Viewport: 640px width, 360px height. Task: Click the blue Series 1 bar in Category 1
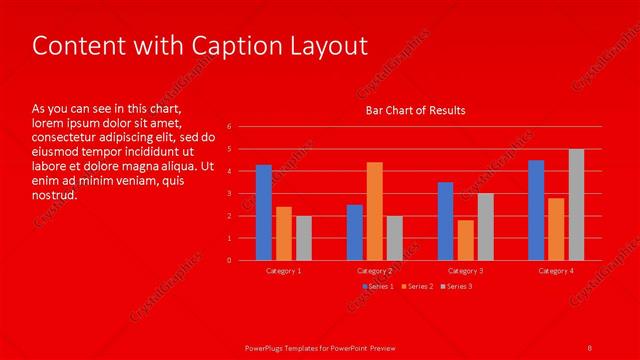264,213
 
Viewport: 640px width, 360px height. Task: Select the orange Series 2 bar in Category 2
374,211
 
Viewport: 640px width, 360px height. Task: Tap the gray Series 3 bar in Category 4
576,205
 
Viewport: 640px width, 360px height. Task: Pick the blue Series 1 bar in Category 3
445,221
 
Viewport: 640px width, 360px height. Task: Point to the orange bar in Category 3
465,240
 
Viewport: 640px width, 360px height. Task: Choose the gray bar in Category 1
304,238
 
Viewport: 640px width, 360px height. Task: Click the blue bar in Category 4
536,210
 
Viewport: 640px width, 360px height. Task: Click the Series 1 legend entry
379,287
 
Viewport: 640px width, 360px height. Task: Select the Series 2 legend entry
418,287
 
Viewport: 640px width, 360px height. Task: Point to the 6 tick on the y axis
229,127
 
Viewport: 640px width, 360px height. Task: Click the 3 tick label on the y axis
229,194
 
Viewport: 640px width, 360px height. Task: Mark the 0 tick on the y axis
229,261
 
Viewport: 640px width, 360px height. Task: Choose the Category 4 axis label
556,271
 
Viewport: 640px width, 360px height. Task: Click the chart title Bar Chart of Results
415,109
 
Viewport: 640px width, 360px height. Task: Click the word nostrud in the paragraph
55,195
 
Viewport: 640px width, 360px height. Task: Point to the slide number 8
589,346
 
